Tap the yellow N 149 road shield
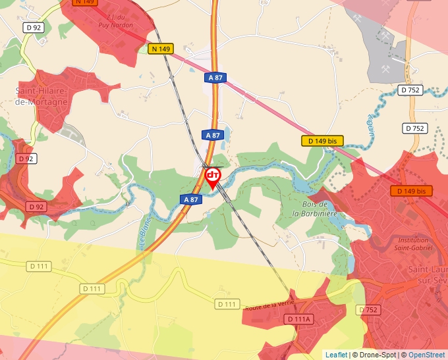(160, 49)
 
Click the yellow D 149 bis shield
(323, 141)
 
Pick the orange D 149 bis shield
(412, 191)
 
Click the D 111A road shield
(299, 319)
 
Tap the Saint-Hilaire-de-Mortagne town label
(41, 97)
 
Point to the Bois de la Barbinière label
(315, 209)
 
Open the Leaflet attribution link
(336, 355)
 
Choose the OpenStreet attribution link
(426, 355)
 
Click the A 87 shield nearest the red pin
(190, 199)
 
